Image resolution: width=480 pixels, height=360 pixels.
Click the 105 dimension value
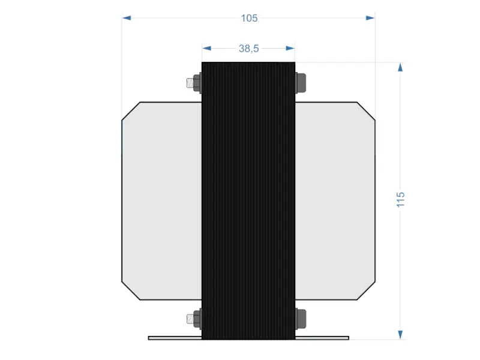pyautogui.click(x=249, y=18)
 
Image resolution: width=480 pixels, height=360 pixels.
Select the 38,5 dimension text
pyautogui.click(x=248, y=48)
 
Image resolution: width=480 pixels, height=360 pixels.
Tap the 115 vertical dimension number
pyautogui.click(x=401, y=200)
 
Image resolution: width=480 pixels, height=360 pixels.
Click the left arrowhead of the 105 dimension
pyautogui.click(x=127, y=18)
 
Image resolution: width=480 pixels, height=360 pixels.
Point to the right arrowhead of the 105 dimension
pyautogui.click(x=370, y=18)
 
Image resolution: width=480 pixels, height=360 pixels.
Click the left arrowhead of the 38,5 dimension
pyautogui.click(x=207, y=48)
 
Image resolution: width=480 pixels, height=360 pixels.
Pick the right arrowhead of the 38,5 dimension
pyautogui.click(x=290, y=48)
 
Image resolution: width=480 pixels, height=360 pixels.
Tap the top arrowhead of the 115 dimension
pyautogui.click(x=401, y=67)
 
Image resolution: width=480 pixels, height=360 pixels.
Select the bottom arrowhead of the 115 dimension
pyautogui.click(x=401, y=334)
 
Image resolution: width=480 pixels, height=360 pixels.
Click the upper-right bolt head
pyautogui.click(x=301, y=83)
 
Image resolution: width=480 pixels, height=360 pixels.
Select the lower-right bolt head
pyautogui.click(x=301, y=319)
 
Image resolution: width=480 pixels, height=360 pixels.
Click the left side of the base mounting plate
pyautogui.click(x=175, y=338)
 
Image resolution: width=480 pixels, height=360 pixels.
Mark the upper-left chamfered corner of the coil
pyautogui.click(x=131, y=111)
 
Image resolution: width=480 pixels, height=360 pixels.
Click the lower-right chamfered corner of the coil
pyautogui.click(x=366, y=290)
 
